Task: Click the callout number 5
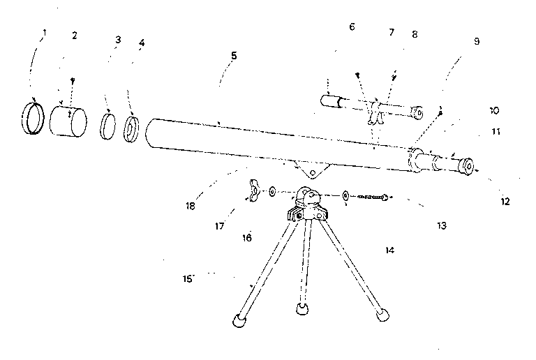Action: (x=234, y=56)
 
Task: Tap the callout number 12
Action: (x=505, y=202)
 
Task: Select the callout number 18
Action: (x=191, y=207)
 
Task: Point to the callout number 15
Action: (x=187, y=279)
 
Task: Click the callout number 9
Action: (x=477, y=41)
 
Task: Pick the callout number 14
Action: (x=389, y=250)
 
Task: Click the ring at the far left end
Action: (x=33, y=118)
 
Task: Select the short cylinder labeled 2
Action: (x=68, y=122)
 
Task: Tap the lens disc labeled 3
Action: (x=108, y=127)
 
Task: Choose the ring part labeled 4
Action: (x=131, y=129)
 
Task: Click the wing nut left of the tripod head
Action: (x=253, y=190)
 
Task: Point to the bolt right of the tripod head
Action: (x=373, y=197)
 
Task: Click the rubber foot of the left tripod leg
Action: (x=239, y=320)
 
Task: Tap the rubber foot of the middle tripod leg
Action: (x=301, y=309)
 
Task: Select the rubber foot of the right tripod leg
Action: (x=383, y=315)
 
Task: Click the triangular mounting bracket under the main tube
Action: (x=312, y=170)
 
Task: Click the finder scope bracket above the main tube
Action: (x=375, y=113)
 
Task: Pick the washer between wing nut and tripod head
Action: (x=272, y=192)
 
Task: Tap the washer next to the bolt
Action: (x=345, y=196)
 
